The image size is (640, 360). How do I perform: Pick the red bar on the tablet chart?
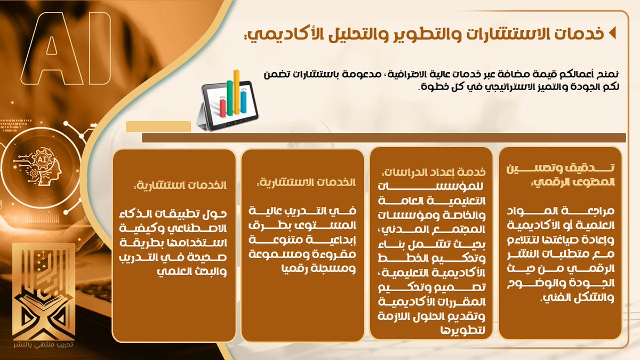[222, 107]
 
